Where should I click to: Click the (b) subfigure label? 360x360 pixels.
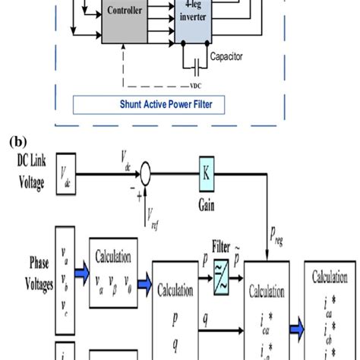16,141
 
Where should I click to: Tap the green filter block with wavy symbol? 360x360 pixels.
223,278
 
